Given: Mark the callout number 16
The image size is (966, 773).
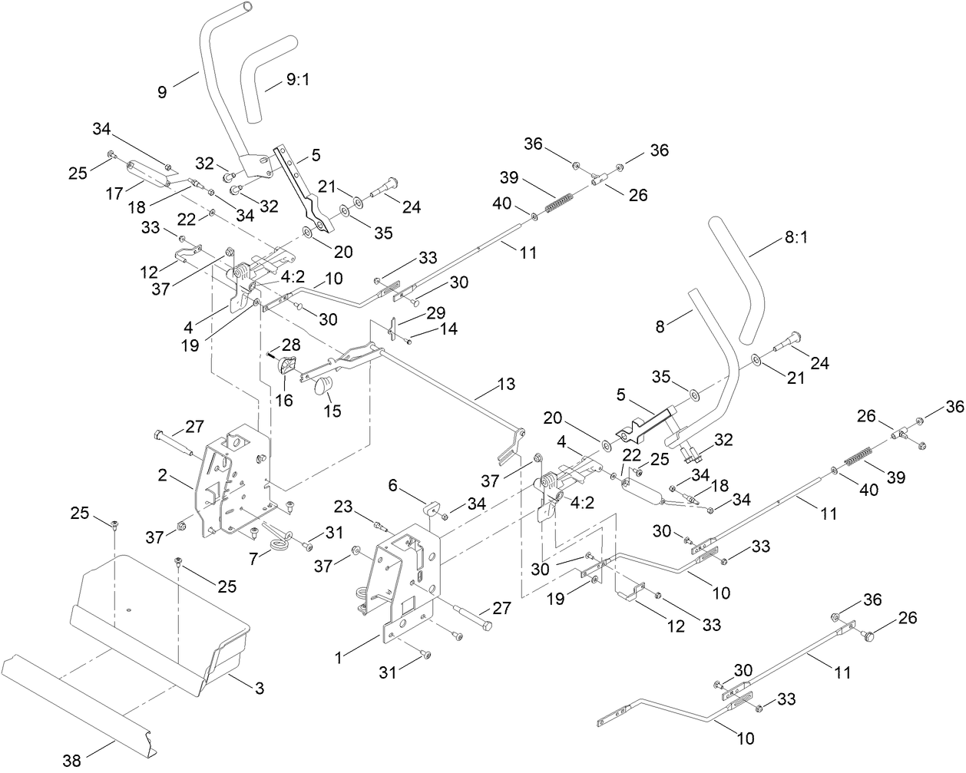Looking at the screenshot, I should (x=285, y=400).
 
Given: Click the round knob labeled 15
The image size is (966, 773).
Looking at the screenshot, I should (x=323, y=384).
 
